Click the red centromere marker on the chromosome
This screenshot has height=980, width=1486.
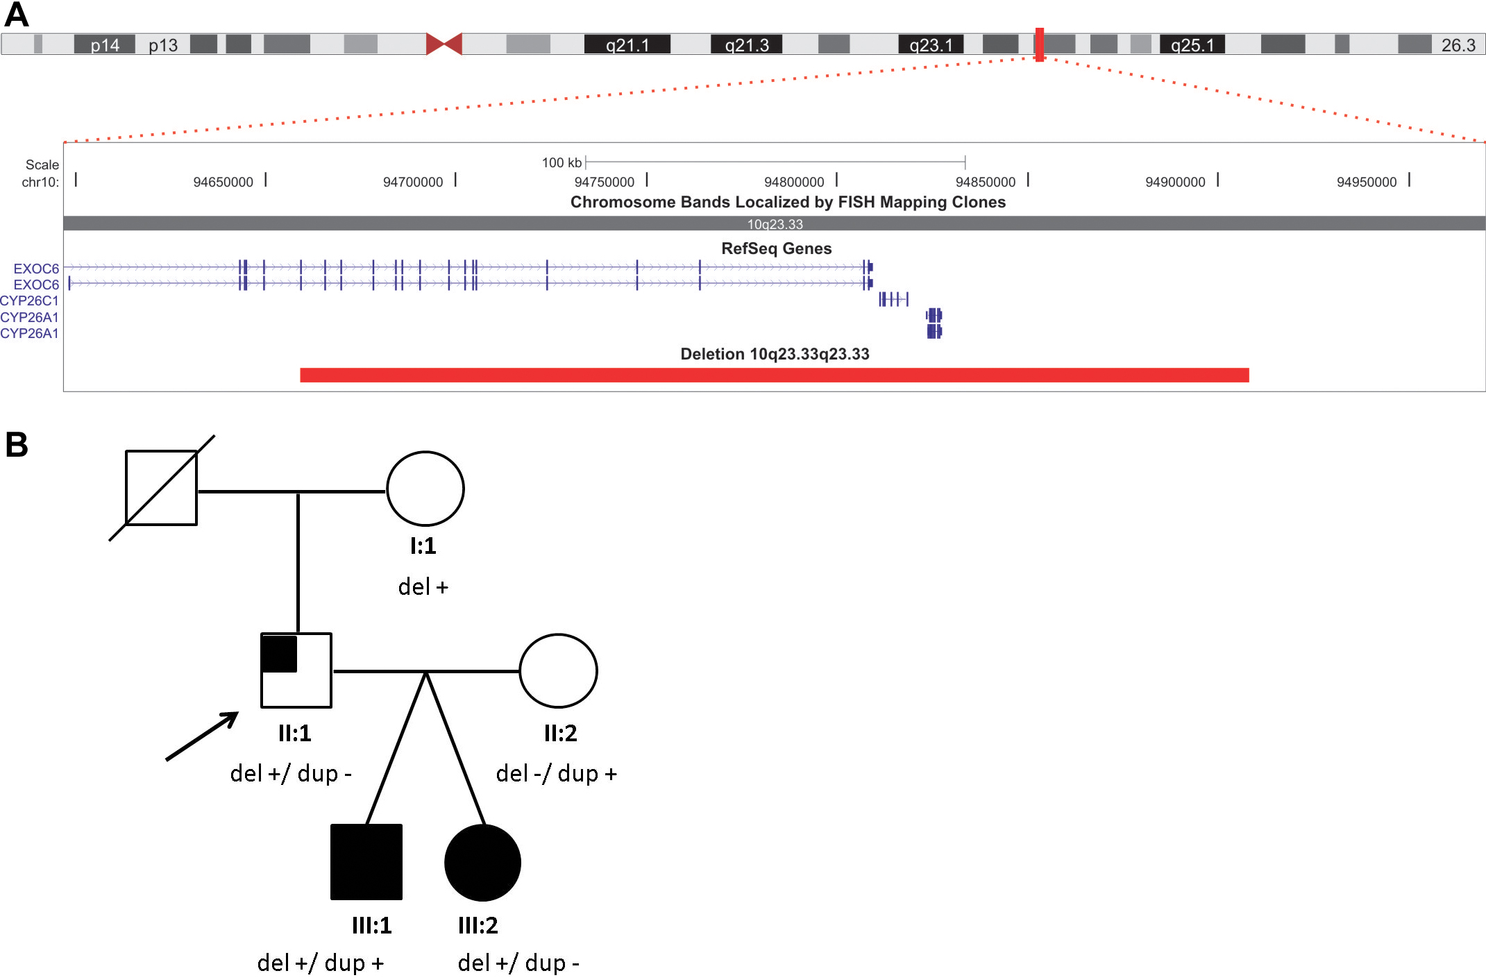coord(444,44)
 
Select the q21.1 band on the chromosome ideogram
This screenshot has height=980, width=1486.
coord(627,44)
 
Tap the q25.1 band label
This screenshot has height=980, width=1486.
coord(1192,45)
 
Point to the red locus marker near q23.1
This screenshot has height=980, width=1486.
coord(1039,44)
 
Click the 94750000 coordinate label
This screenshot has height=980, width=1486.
coord(604,182)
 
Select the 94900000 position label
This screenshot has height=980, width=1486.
coord(1175,182)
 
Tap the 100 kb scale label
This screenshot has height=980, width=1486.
coord(562,162)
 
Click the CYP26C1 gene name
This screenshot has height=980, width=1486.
coord(30,301)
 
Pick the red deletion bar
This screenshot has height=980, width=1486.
coord(774,375)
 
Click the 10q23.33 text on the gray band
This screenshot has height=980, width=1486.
coord(775,224)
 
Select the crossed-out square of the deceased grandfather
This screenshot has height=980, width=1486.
coord(161,488)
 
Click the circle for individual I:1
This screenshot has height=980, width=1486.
coord(425,489)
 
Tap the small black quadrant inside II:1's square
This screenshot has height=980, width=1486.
coord(280,654)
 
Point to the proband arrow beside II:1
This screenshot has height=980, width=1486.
coord(202,736)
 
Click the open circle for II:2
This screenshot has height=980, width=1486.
coord(558,670)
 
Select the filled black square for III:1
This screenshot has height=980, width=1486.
coord(366,862)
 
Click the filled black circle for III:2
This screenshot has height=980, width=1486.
coord(482,863)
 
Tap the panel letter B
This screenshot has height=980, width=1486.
coord(17,444)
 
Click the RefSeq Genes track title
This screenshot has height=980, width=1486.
coord(776,248)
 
